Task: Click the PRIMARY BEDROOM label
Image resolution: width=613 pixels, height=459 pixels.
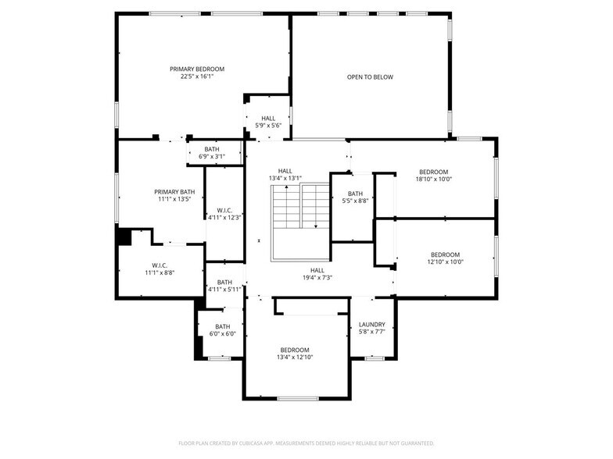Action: tap(197, 69)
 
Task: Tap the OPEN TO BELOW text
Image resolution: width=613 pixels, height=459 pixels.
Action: tap(370, 77)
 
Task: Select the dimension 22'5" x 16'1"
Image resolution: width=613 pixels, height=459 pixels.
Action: tap(197, 76)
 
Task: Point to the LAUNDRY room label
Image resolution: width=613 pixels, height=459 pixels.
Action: tap(371, 325)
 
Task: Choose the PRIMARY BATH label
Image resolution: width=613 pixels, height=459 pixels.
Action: tap(174, 192)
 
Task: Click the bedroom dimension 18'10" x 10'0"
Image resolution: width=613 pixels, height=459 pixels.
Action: tap(433, 180)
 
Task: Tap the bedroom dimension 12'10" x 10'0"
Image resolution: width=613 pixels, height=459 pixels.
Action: tap(445, 262)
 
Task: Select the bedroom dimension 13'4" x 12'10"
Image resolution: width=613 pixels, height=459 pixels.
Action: tap(294, 358)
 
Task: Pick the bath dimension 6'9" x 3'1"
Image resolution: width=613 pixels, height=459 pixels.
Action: tap(212, 157)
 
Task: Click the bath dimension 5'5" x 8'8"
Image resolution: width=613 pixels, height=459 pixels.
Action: tap(355, 201)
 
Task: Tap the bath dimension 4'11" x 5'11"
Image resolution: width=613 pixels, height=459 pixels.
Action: tap(224, 290)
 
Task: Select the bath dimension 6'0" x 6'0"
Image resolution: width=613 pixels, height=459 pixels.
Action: tap(223, 334)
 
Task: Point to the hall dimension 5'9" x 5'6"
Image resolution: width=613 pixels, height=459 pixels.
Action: tap(268, 126)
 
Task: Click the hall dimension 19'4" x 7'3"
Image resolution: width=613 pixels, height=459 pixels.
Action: tap(317, 278)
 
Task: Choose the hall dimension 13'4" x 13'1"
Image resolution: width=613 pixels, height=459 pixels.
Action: tap(285, 179)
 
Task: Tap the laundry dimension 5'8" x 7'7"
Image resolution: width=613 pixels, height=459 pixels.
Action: tap(371, 333)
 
